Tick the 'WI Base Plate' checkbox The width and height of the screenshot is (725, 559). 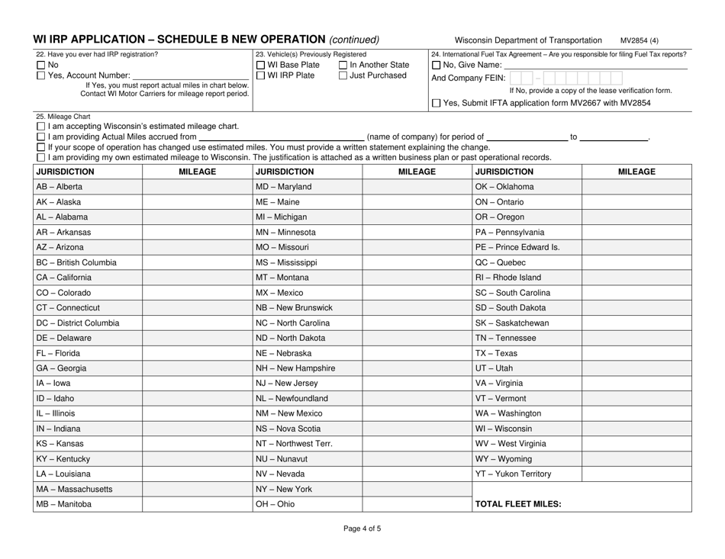261,64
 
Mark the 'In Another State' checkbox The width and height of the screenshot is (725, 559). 343,64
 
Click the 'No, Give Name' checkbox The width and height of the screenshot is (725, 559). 436,65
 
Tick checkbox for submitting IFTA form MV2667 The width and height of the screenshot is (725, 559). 436,103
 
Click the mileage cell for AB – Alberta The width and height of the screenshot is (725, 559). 197,187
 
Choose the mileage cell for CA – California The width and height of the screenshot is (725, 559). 197,277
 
